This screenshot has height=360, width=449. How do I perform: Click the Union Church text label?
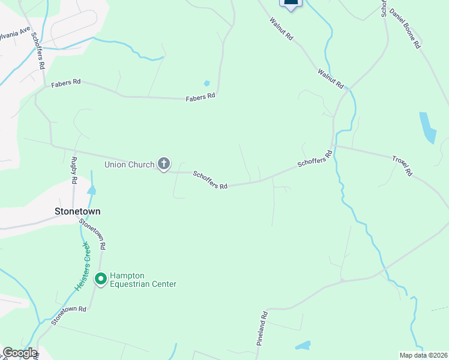(129, 164)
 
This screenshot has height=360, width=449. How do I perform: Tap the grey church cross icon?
(164, 163)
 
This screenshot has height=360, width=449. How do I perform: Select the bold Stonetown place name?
(77, 212)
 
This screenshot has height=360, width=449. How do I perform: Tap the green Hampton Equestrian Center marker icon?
(101, 278)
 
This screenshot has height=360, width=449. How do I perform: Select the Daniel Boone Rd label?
(405, 28)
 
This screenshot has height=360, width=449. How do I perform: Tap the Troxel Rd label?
(403, 166)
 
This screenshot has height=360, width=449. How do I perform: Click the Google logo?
(19, 353)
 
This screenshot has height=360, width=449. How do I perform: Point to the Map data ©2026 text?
(423, 355)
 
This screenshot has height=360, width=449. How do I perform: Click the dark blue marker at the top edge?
(291, 4)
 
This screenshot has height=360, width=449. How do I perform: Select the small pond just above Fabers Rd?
(207, 83)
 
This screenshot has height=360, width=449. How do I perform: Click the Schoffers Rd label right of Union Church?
(210, 180)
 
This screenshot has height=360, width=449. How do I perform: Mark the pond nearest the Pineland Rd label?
(303, 346)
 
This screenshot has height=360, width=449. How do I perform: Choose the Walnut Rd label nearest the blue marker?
(281, 29)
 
